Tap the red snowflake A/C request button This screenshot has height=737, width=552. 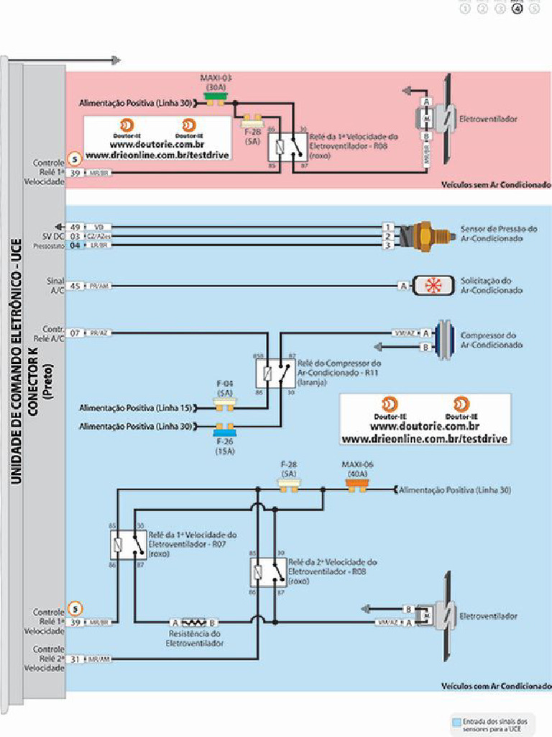click(x=433, y=285)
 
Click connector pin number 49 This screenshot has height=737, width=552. click(x=75, y=227)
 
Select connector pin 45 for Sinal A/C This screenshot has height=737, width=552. click(x=75, y=286)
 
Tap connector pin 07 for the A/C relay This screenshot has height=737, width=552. click(x=75, y=333)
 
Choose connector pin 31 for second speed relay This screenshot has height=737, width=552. click(x=75, y=659)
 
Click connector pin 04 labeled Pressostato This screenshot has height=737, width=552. click(x=75, y=245)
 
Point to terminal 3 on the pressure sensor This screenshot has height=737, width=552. click(x=388, y=245)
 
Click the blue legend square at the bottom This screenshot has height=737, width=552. click(x=456, y=720)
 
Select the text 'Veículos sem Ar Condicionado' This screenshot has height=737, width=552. click(x=495, y=184)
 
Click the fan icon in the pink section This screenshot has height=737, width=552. click(x=440, y=118)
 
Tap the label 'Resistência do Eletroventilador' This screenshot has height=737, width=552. click(x=194, y=638)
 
